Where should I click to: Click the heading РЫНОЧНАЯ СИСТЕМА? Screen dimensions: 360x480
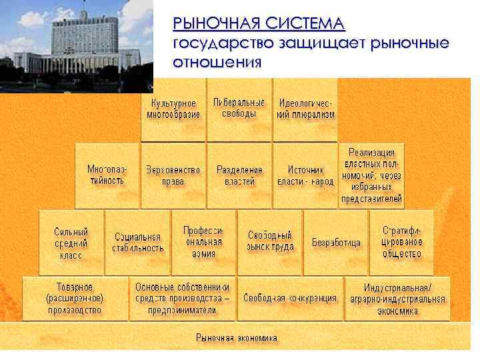(259, 24)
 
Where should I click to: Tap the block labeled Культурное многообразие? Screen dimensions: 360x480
(173, 109)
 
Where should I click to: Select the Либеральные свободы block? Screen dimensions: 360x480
(239, 109)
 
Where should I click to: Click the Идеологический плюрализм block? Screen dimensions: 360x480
(305, 109)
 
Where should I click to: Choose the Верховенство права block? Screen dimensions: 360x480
(173, 175)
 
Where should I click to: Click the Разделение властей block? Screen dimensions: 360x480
(239, 175)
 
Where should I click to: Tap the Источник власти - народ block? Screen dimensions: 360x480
(305, 175)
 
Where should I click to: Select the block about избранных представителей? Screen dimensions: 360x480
(372, 175)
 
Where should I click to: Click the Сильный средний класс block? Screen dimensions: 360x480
(71, 243)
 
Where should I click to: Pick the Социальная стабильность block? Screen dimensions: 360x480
(138, 243)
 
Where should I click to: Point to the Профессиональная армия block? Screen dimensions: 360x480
(204, 242)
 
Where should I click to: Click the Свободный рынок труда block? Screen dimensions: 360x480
(270, 241)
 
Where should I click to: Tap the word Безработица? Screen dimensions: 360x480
(336, 243)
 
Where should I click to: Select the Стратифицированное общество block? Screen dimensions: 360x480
(401, 242)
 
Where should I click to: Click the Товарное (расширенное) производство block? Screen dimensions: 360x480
(74, 298)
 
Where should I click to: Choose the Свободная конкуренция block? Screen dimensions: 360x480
(290, 298)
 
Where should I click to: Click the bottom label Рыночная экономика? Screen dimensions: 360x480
(237, 338)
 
